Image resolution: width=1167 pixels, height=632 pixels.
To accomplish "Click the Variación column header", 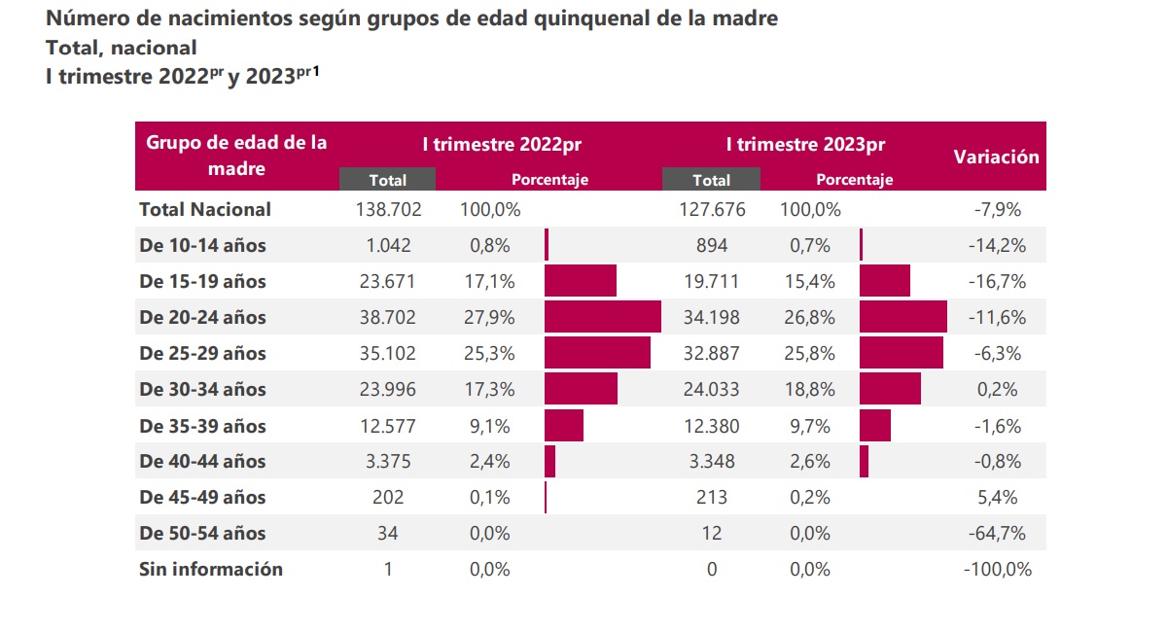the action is point(996,157).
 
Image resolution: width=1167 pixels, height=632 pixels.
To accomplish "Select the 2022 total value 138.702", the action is point(388,209).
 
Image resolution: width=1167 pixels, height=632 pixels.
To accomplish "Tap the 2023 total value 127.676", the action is point(712,209).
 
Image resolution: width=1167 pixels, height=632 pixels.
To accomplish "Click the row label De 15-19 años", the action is point(202,281).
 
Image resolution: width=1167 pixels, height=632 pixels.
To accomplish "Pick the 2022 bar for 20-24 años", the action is point(603,316).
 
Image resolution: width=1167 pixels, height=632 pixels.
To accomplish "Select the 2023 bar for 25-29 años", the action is point(902,353).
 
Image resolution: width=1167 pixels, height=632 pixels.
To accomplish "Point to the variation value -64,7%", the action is point(997,533).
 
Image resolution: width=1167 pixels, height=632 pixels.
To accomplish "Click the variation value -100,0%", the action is point(998,569).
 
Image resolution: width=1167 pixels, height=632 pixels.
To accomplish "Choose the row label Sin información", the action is point(211,569).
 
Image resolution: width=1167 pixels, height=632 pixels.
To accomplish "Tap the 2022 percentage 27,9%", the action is point(489,317).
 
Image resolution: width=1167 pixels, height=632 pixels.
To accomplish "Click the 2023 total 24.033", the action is point(712,389).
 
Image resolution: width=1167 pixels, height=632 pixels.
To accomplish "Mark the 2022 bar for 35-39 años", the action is point(564,425).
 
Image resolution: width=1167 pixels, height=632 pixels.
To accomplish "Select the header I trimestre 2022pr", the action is point(502,144).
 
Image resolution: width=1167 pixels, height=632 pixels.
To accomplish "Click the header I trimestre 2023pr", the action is point(805,144).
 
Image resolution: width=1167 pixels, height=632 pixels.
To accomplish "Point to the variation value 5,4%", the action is point(997,497).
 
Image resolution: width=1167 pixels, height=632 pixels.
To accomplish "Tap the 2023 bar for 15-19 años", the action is point(885,280).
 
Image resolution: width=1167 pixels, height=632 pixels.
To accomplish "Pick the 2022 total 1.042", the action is point(388,245).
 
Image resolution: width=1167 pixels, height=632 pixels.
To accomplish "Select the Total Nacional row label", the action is point(205,209).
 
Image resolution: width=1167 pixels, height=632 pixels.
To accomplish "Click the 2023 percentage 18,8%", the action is point(809,389).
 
